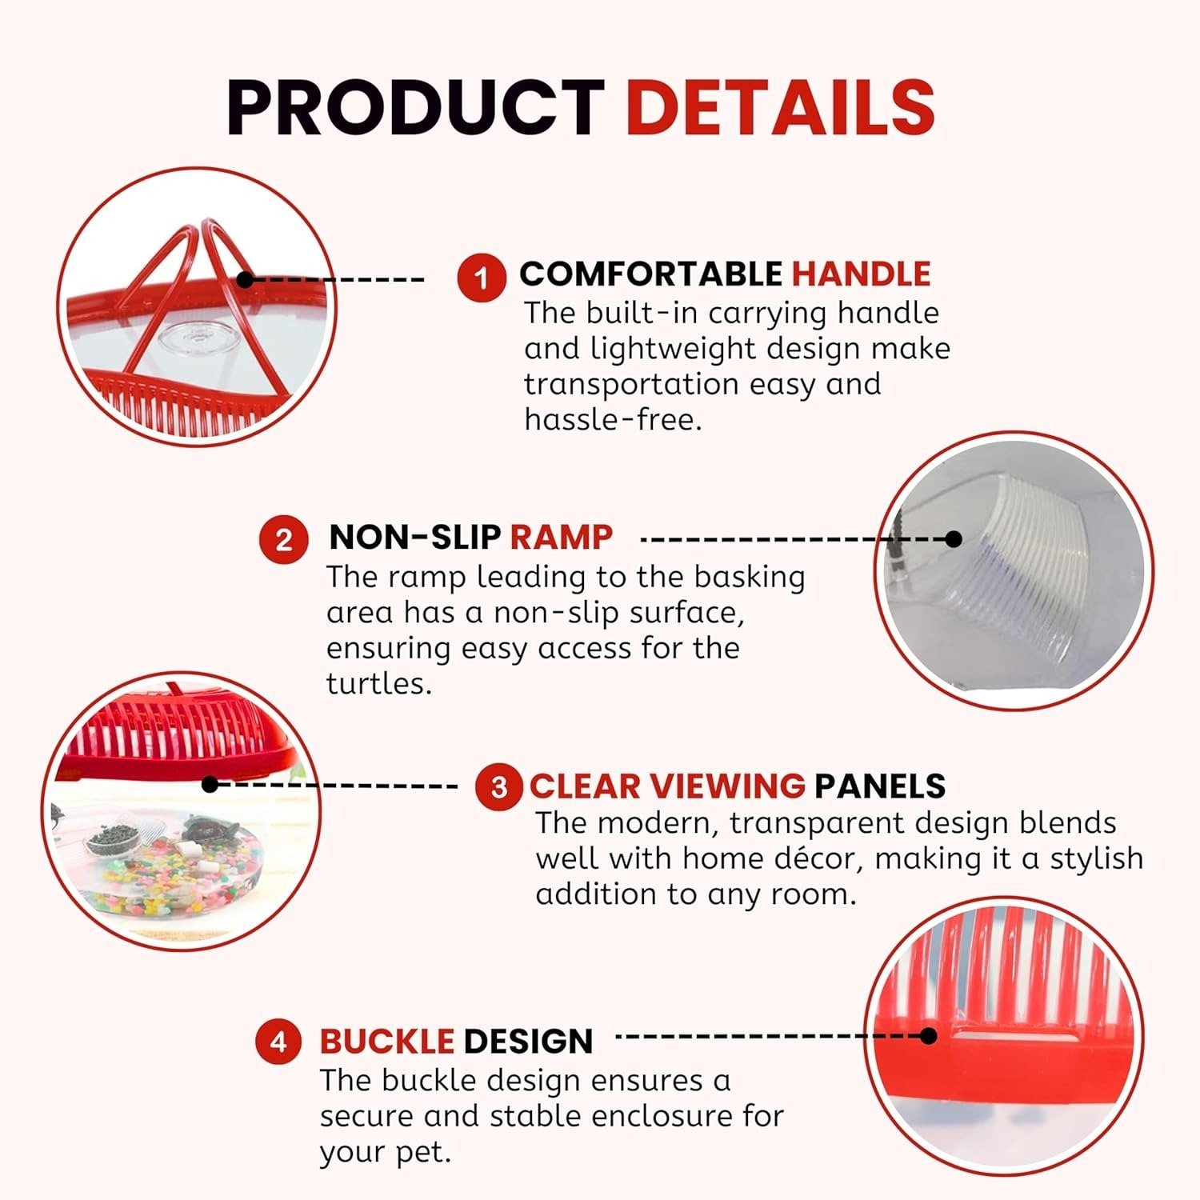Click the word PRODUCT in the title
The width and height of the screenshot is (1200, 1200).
pyautogui.click(x=415, y=107)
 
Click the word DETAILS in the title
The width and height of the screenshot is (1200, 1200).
pyautogui.click(x=780, y=107)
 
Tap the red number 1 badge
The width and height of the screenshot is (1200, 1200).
pyautogui.click(x=482, y=278)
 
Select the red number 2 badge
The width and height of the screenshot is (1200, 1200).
pyautogui.click(x=284, y=540)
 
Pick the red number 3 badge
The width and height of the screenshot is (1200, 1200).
pyautogui.click(x=499, y=786)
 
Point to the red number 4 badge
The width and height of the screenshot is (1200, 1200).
pyautogui.click(x=278, y=1042)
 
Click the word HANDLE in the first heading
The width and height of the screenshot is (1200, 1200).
pyautogui.click(x=861, y=274)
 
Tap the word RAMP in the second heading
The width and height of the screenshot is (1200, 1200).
pyautogui.click(x=561, y=537)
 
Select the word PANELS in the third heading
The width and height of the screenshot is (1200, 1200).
pyautogui.click(x=880, y=786)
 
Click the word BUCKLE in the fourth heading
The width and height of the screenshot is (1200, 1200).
pyautogui.click(x=387, y=1042)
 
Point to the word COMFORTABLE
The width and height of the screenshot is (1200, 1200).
pyautogui.click(x=651, y=274)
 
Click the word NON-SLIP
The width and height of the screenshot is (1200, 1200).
pyautogui.click(x=415, y=537)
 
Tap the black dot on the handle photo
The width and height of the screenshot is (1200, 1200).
pyautogui.click(x=246, y=279)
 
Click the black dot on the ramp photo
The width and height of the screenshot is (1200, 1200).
pyautogui.click(x=953, y=538)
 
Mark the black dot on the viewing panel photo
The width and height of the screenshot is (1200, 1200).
pyautogui.click(x=210, y=785)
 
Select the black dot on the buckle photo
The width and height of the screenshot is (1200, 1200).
pyautogui.click(x=928, y=1036)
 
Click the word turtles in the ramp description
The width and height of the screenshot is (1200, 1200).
pyautogui.click(x=378, y=683)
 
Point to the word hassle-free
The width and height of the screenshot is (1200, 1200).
pyautogui.click(x=613, y=419)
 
